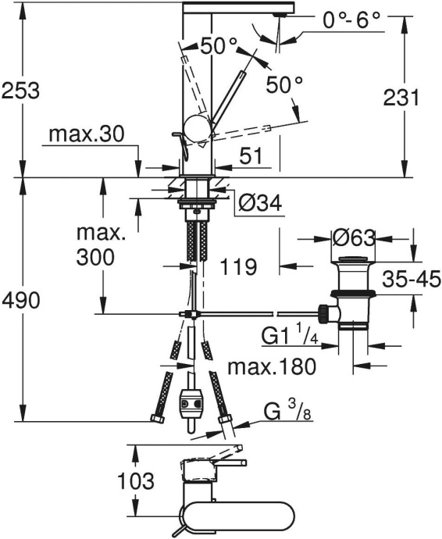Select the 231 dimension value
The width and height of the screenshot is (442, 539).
coord(401,98)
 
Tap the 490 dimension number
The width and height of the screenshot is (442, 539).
coord(21,299)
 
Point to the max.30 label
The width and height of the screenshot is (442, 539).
coord(87,135)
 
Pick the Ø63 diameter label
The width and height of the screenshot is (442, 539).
coord(355,237)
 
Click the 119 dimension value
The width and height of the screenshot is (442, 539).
coord(238,267)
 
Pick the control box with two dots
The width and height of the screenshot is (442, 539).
coord(191,402)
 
